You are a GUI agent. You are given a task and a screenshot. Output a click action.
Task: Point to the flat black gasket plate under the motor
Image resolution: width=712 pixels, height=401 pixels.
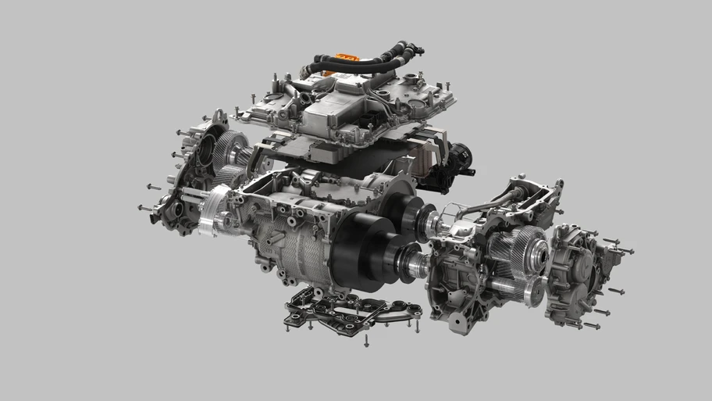coord(351,310)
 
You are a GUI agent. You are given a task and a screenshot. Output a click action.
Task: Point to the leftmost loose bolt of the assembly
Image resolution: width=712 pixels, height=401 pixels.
coord(141,207)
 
